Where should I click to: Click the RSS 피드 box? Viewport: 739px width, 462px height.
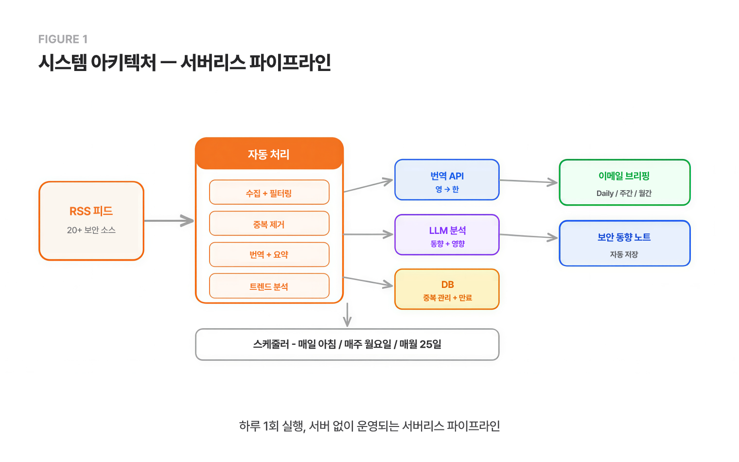click(x=91, y=221)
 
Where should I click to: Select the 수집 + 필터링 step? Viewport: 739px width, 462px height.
click(x=269, y=193)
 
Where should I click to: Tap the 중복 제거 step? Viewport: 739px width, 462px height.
click(x=269, y=224)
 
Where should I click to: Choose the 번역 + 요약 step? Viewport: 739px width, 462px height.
click(x=269, y=254)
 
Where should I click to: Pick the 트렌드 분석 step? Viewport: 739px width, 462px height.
click(x=269, y=286)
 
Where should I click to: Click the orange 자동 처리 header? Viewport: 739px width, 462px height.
click(x=269, y=154)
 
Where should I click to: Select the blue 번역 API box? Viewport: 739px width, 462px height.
click(x=447, y=180)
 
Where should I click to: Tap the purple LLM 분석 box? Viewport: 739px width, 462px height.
click(x=447, y=235)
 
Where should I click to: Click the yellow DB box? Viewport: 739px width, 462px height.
click(x=447, y=289)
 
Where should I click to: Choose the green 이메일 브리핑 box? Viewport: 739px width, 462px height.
click(x=624, y=182)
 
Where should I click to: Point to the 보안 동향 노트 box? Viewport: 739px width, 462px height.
click(x=624, y=243)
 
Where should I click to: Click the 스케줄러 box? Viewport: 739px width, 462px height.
click(x=347, y=344)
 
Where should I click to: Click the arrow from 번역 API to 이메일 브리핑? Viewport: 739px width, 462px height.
click(x=528, y=181)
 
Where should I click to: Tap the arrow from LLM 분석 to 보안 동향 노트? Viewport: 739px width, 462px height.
click(x=528, y=236)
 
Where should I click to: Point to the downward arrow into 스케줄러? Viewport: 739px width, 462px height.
click(x=347, y=315)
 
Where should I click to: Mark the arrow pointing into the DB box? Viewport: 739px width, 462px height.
click(x=368, y=282)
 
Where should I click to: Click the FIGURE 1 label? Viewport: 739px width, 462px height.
click(x=63, y=39)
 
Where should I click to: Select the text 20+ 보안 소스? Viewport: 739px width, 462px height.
click(x=91, y=230)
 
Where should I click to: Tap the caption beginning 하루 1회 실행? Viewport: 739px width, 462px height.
click(x=369, y=426)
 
